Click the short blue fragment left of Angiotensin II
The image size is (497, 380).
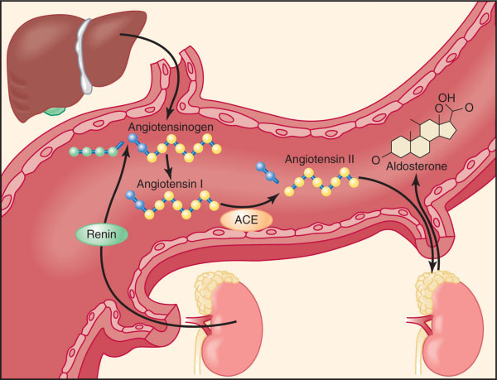(x=269, y=172)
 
